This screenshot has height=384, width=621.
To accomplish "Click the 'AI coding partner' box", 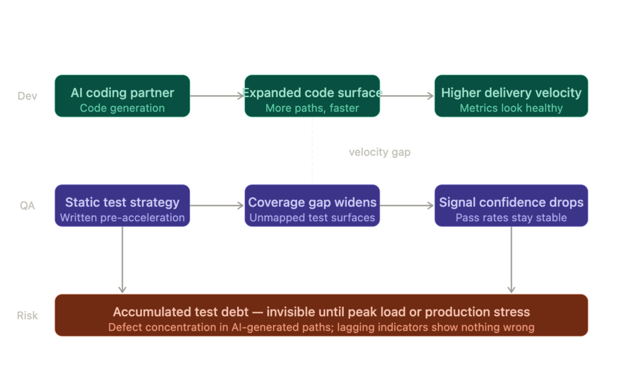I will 122,96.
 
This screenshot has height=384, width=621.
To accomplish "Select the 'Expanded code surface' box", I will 312,96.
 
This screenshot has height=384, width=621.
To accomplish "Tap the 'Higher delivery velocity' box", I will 511,96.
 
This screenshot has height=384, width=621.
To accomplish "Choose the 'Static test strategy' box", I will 122,206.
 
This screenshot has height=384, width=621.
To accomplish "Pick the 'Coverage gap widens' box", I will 312,206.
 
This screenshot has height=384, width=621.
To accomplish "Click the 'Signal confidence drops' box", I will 511,206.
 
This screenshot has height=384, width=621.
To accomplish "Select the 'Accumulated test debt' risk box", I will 321,315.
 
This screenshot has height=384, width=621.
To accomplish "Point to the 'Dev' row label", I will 27,96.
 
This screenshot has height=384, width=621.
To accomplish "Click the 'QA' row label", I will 27,206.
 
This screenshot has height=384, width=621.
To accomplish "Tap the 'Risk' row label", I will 27,315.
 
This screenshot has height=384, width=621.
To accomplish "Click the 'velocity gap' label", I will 380,152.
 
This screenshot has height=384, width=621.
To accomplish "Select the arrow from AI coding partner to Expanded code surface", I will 217,96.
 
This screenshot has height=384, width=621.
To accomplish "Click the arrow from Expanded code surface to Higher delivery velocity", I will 407,96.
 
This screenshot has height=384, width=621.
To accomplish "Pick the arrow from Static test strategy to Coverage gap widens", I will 217,206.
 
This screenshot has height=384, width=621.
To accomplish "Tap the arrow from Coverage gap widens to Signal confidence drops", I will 407,206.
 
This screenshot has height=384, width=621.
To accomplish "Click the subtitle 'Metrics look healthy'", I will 511,108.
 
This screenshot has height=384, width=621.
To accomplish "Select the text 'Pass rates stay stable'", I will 511,218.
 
